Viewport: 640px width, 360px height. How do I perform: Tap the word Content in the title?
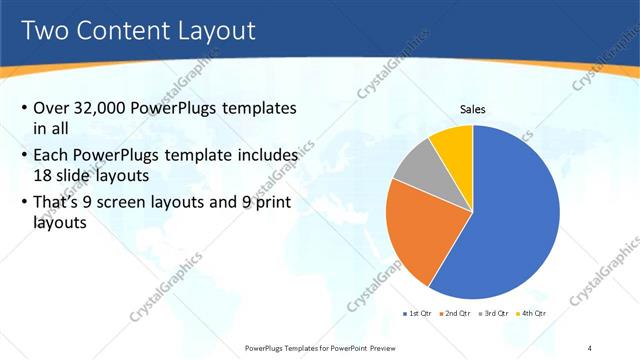[120, 30]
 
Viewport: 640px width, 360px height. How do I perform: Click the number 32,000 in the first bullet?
[113, 108]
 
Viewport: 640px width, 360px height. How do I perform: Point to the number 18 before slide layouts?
[45, 176]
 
